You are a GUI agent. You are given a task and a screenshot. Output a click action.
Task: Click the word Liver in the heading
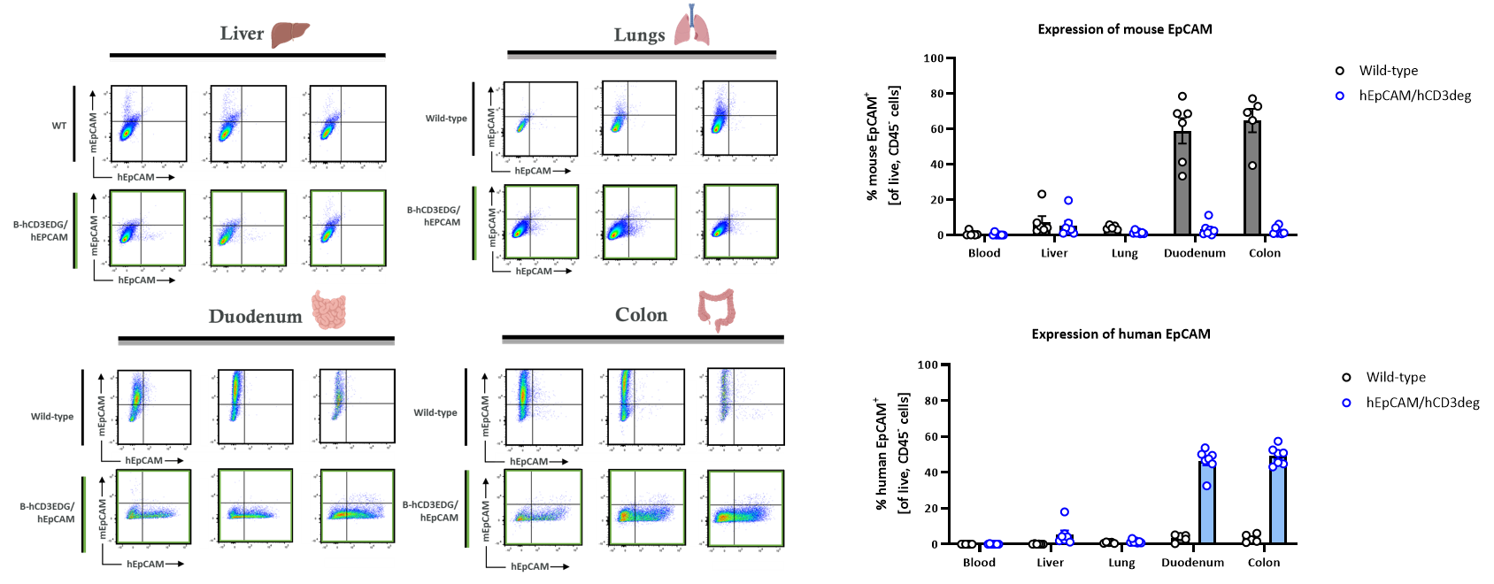pos(242,34)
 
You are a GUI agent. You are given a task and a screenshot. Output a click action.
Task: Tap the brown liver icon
pos(289,34)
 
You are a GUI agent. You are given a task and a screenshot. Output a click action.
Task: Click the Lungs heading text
pos(638,35)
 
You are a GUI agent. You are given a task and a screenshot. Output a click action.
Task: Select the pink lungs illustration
pos(691,27)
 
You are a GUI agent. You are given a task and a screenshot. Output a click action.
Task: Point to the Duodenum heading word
pos(255,316)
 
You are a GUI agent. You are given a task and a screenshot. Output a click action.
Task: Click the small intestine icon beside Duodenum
pos(329,311)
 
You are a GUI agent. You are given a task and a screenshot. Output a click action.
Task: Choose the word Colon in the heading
pos(641,315)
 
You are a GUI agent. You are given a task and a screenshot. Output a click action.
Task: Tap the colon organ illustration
pos(716,309)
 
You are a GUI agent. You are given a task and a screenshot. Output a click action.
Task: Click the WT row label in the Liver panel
pos(58,126)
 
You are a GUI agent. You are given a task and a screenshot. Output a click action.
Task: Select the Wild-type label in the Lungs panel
pos(446,119)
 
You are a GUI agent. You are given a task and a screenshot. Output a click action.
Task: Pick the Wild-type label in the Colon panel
pos(435,412)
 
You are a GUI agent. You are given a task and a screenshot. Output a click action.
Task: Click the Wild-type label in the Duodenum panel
pos(52,416)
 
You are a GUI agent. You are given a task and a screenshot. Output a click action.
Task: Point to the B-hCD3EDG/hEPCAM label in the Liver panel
pos(40,231)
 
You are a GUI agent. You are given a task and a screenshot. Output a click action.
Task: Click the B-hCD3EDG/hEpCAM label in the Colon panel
pos(431,511)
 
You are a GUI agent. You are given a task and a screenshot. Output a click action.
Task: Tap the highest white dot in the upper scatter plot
pos(1340,71)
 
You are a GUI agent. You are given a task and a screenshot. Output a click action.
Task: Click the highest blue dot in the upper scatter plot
pos(1340,96)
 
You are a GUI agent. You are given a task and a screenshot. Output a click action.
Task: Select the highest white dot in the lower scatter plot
pos(1346,378)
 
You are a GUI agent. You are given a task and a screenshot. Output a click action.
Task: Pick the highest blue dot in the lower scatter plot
pos(1346,403)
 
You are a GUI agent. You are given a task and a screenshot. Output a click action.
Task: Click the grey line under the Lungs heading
pos(642,58)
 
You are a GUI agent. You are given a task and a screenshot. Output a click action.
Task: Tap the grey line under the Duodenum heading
pos(256,342)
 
